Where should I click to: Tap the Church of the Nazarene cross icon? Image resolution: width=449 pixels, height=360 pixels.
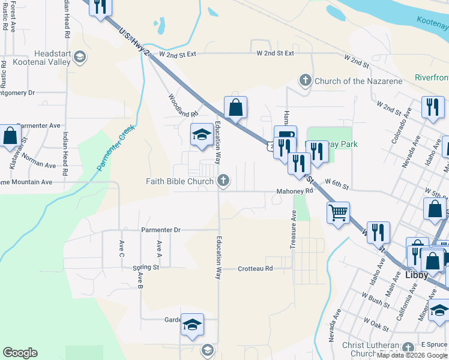pos(305,80)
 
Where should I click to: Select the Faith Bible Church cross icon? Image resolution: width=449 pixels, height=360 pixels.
pos(223,180)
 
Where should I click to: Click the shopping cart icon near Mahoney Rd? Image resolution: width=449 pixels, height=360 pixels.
pos(338,212)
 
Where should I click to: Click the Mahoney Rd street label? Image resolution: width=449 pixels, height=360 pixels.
pos(295,191)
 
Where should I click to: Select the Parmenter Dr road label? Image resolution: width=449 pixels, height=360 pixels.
pos(160,230)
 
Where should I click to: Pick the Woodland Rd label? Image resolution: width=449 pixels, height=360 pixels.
pos(182,106)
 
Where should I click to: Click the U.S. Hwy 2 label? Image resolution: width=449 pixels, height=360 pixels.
pos(134,42)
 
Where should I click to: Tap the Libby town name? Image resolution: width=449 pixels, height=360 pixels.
pos(417,275)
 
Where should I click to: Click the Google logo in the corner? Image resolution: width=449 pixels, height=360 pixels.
pos(20,353)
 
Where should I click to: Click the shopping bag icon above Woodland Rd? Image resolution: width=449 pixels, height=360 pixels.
pos(236,108)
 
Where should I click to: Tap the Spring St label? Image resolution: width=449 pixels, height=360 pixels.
pos(145,268)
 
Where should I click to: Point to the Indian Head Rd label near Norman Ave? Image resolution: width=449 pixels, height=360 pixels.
pos(65,148)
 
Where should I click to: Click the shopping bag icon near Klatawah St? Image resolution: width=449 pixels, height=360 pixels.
pos(10,136)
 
